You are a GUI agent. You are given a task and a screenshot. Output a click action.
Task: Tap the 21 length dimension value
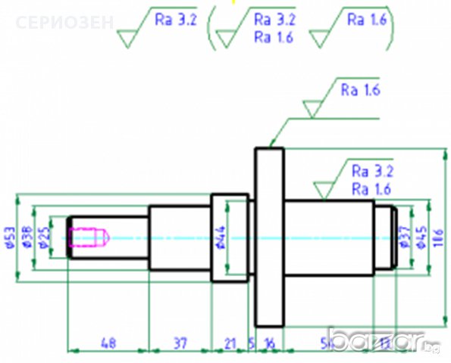[x=230, y=343]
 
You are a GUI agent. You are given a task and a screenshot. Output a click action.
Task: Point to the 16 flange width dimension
[x=270, y=343]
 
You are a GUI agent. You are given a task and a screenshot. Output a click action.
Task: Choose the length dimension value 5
[x=252, y=343]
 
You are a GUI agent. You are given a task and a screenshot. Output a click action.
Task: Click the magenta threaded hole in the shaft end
[x=89, y=237]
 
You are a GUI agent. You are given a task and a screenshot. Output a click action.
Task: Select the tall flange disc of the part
[x=269, y=237]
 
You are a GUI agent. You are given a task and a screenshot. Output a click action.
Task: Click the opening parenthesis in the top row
[x=212, y=28]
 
